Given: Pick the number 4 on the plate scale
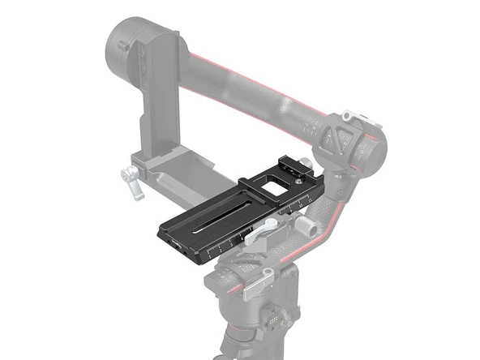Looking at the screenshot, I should pyautogui.click(x=240, y=240).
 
